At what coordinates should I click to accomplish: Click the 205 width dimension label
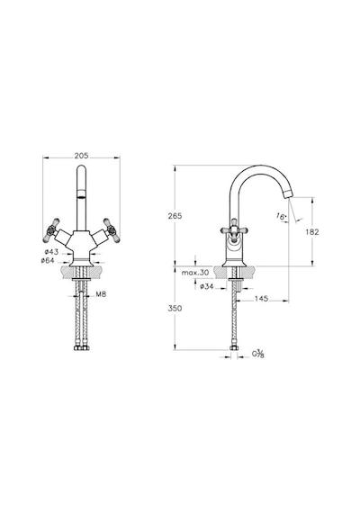tap(81, 156)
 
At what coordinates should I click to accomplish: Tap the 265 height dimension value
tap(175, 216)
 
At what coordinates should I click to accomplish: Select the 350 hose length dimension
tap(175, 308)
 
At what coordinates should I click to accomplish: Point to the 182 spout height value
tap(312, 232)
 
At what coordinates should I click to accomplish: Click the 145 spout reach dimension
tap(261, 299)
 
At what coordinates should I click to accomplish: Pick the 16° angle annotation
tap(281, 216)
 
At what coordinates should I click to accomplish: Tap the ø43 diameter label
tap(51, 252)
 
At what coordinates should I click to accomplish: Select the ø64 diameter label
tap(48, 260)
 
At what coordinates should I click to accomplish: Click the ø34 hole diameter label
tap(206, 286)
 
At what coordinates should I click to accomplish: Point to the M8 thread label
tap(101, 294)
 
